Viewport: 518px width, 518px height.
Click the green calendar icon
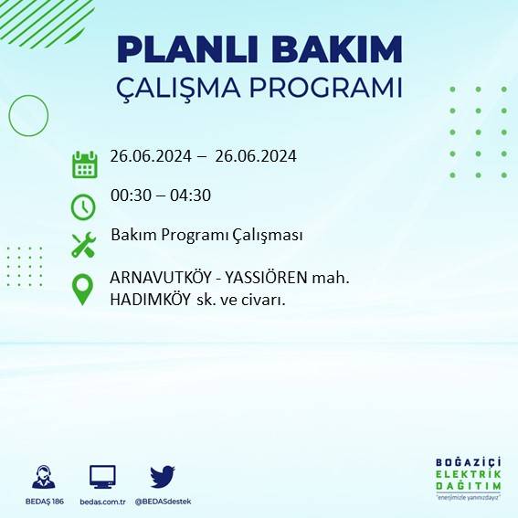(x=84, y=164)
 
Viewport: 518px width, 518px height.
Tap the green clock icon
(x=84, y=206)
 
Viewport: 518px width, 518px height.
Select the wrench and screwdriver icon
(x=84, y=245)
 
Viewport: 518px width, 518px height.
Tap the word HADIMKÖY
(x=149, y=300)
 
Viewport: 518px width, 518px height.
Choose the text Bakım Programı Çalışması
(x=206, y=236)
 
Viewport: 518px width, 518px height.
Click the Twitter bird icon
(x=162, y=476)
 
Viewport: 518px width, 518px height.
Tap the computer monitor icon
(x=102, y=476)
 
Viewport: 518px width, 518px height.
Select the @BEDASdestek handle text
(x=163, y=501)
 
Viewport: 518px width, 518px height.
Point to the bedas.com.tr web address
(x=102, y=501)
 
